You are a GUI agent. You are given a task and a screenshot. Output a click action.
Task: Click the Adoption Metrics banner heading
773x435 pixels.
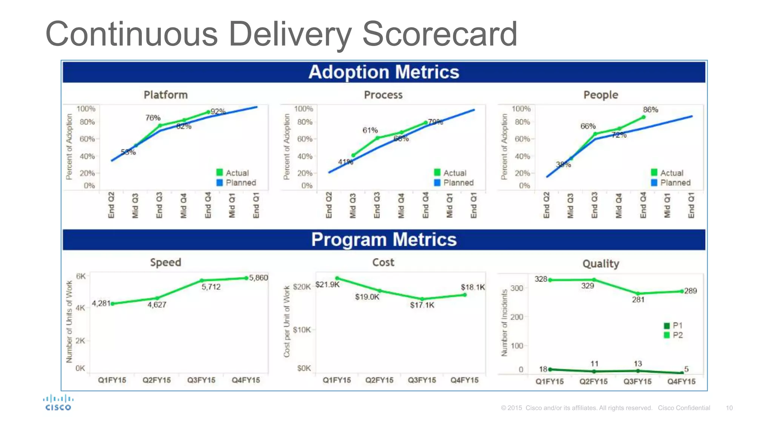point(383,72)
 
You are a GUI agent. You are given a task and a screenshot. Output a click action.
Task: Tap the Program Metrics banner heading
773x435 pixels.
point(383,240)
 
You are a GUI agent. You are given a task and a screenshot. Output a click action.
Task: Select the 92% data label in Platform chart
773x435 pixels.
point(218,111)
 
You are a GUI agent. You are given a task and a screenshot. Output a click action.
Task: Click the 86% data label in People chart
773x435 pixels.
point(650,110)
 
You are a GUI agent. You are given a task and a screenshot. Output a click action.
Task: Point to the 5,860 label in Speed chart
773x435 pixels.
point(259,278)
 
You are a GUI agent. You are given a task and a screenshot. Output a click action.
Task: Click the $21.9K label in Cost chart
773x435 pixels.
point(327,284)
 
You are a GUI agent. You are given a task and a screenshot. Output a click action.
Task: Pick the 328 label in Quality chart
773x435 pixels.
point(540,279)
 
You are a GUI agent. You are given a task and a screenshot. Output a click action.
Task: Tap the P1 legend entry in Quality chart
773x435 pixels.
point(674,325)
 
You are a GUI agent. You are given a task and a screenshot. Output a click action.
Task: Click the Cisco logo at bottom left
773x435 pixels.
point(58,403)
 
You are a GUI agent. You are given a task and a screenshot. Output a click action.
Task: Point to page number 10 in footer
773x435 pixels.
point(729,408)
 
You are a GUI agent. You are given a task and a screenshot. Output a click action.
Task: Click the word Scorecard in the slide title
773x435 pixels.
point(439,34)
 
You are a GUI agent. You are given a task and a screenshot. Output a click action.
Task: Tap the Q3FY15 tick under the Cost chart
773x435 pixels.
point(422,380)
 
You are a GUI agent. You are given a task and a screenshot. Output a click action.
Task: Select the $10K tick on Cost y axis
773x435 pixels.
point(302,330)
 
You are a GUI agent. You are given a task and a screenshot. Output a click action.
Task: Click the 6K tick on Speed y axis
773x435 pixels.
point(81,276)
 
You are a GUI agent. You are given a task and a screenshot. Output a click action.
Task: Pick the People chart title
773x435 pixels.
point(601,95)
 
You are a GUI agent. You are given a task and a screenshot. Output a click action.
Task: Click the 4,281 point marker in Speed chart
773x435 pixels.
point(112,304)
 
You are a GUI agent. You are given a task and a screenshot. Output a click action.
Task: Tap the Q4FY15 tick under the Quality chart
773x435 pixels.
point(681,381)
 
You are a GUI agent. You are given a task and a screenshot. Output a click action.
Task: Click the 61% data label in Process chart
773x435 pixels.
point(370,130)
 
